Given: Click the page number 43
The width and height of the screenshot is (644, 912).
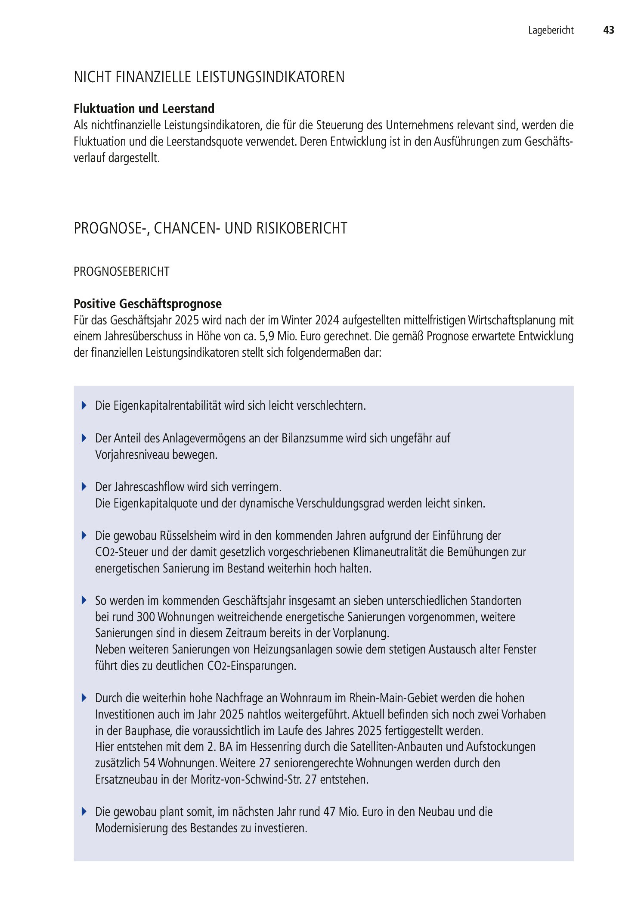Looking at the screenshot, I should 608,30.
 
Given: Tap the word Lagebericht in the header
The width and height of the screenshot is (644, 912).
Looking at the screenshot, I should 551,30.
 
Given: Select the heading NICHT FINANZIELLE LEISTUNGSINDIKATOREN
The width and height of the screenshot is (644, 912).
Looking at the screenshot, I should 209,77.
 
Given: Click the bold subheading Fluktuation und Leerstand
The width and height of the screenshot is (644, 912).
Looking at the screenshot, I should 144,108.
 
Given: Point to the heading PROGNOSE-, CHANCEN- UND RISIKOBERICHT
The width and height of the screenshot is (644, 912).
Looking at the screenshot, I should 211,228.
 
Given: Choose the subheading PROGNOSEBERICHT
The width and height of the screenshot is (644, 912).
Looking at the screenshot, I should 121,272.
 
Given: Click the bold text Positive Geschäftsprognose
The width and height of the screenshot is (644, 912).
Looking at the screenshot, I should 148,304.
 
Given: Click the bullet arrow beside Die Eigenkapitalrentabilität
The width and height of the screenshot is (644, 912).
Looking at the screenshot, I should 84,405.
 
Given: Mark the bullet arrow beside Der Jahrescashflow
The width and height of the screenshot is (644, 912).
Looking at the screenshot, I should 84,487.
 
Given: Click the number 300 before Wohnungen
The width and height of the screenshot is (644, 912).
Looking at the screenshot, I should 146,617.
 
